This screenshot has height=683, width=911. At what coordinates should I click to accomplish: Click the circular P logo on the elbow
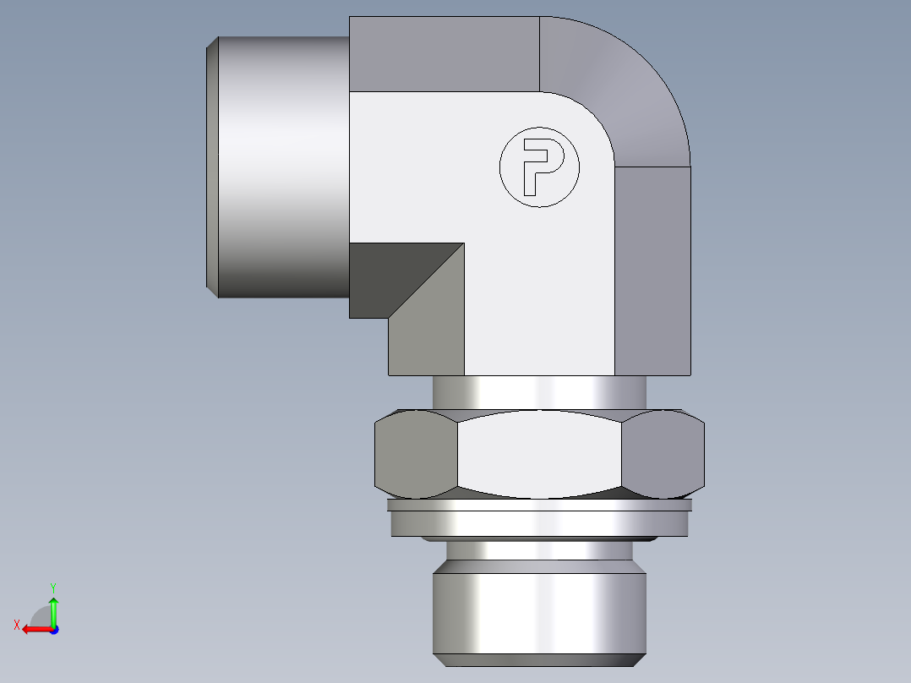tap(540, 167)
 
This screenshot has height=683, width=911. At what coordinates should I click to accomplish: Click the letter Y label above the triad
tap(52, 587)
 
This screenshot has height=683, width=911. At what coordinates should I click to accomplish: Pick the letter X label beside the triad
tap(16, 625)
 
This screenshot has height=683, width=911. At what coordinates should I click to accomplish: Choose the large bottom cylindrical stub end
tap(540, 613)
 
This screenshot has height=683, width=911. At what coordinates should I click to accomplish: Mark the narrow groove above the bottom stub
tap(540, 552)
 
